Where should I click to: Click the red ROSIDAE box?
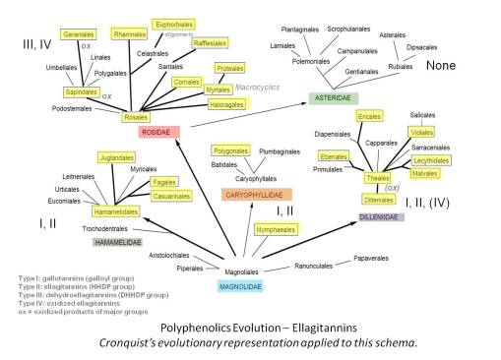pyautogui.click(x=156, y=131)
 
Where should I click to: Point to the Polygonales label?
pyautogui.click(x=230, y=150)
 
